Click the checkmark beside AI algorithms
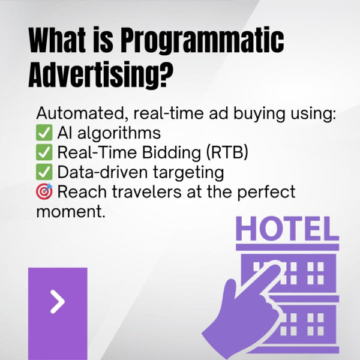tap(45, 133)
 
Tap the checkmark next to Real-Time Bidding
tap(45, 152)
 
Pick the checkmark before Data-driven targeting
tap(45, 173)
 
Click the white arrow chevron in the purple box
tap(57, 302)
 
